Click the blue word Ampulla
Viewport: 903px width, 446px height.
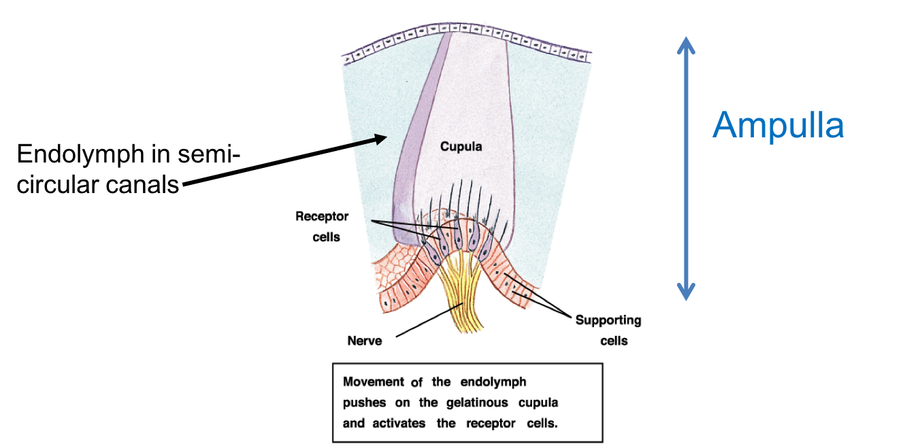(x=778, y=126)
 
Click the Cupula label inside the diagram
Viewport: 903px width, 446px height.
(x=461, y=146)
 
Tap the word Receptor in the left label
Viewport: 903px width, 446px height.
(x=323, y=217)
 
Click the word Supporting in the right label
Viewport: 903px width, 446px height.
(x=608, y=320)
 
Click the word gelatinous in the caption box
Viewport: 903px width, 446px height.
(x=465, y=402)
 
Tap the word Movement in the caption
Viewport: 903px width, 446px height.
(x=374, y=382)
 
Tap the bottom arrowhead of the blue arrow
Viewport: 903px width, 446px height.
(x=685, y=294)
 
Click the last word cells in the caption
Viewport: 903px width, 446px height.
(x=541, y=423)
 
